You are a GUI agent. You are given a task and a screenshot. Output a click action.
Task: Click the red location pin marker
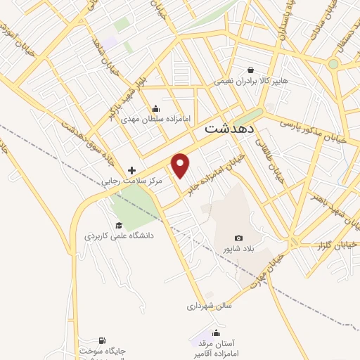click(181, 165)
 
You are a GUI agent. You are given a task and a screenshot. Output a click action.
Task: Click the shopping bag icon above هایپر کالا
click(250, 69)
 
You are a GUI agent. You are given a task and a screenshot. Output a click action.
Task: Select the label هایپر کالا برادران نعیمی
click(252, 82)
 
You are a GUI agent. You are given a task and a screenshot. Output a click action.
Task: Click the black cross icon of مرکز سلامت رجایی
click(131, 169)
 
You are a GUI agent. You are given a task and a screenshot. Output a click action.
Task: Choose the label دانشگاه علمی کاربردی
click(119, 236)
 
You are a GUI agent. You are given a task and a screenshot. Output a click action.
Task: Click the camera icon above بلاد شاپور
click(238, 238)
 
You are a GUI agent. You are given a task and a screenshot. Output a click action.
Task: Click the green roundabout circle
click(333, 63)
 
